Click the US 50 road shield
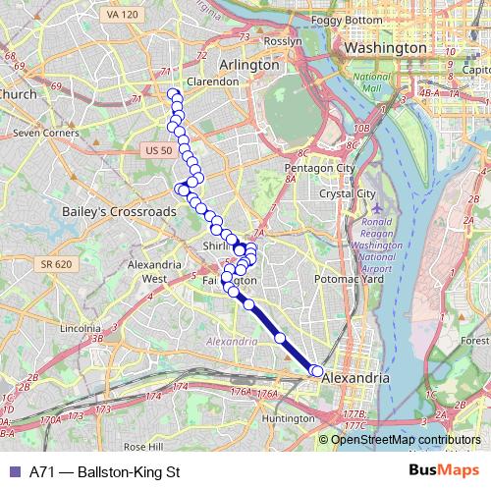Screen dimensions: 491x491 (157, 149)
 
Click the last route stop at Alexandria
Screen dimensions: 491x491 (316, 370)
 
